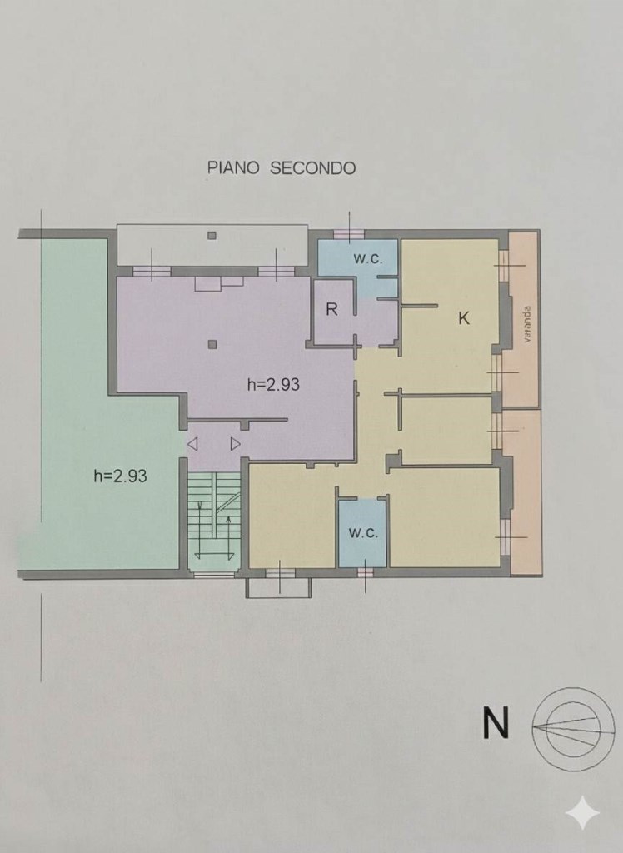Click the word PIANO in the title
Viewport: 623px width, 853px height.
pyautogui.click(x=233, y=167)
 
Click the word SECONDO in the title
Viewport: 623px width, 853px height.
pyautogui.click(x=312, y=167)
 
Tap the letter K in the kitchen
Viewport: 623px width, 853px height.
pyautogui.click(x=465, y=317)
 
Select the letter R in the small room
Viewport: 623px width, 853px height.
pyautogui.click(x=331, y=310)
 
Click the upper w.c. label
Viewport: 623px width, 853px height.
pyautogui.click(x=367, y=259)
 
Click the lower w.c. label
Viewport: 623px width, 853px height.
pyautogui.click(x=362, y=532)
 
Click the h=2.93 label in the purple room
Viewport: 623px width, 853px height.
pyautogui.click(x=273, y=385)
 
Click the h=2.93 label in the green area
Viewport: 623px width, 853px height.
pyautogui.click(x=121, y=476)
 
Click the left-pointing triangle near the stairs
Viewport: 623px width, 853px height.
pyautogui.click(x=192, y=444)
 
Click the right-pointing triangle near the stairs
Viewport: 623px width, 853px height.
pyautogui.click(x=236, y=444)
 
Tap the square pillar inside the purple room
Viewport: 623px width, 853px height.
pyautogui.click(x=213, y=343)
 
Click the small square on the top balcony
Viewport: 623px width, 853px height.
pyautogui.click(x=212, y=235)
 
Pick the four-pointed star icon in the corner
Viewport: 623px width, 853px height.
pyautogui.click(x=581, y=812)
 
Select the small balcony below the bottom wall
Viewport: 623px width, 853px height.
pyautogui.click(x=278, y=588)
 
